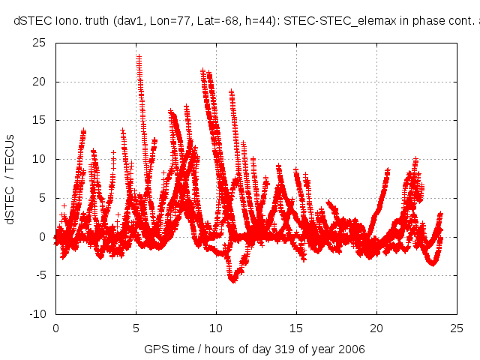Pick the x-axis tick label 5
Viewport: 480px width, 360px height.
(136, 328)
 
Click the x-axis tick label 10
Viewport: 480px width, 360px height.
(216, 328)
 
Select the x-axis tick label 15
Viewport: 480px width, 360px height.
(296, 328)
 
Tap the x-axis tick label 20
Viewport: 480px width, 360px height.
(376, 328)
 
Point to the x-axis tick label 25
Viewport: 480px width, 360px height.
(457, 328)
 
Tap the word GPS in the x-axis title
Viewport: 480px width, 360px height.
(156, 349)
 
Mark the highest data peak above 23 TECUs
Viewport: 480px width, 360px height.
(139, 56)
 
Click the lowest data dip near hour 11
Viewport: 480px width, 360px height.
(233, 280)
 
